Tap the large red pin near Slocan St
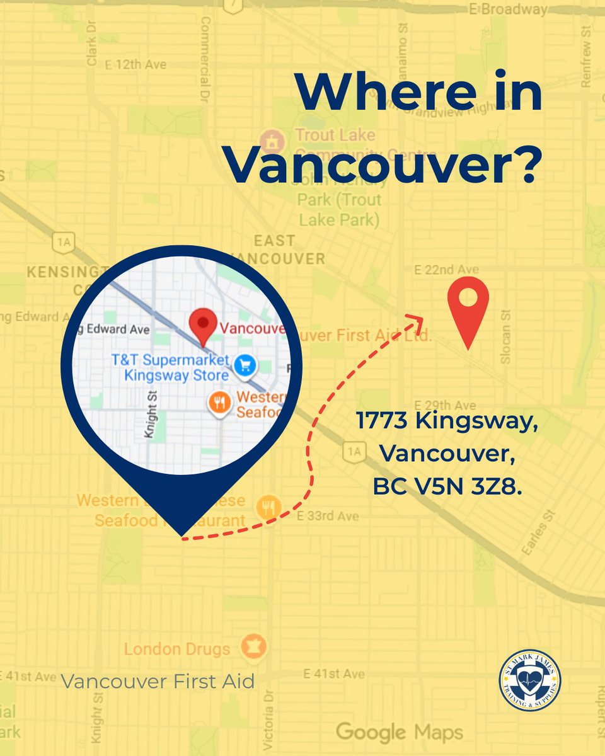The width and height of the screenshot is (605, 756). click(x=468, y=309)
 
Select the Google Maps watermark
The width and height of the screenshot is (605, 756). click(x=399, y=732)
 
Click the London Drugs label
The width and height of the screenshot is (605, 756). click(x=177, y=649)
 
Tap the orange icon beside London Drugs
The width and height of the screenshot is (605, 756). click(x=255, y=647)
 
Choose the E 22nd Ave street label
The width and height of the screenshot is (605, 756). click(x=442, y=270)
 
